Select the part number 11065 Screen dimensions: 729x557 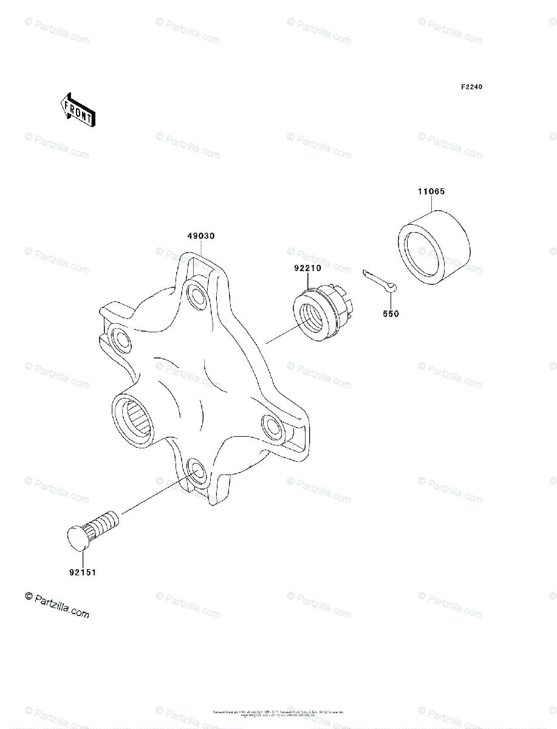(x=431, y=192)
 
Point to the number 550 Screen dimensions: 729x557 (x=391, y=315)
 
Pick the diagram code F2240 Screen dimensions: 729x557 (x=471, y=87)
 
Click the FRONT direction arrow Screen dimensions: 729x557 (x=76, y=109)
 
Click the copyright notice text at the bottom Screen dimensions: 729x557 (x=278, y=713)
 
